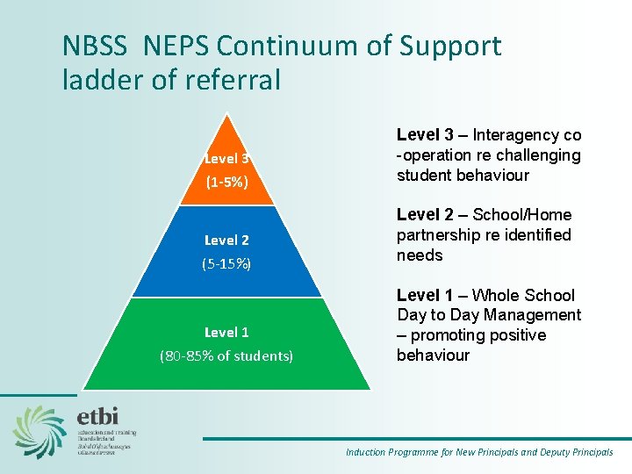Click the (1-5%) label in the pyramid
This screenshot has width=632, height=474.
coord(226,183)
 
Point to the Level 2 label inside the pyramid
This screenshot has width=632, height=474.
coord(226,240)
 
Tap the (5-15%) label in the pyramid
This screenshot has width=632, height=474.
coord(226,263)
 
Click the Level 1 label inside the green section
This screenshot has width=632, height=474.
coord(226,332)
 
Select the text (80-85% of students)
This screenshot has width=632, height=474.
coord(226,355)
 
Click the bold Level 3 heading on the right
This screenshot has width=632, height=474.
coord(425,135)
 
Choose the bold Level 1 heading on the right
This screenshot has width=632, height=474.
coord(425,295)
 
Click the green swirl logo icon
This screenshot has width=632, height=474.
coord(39,431)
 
